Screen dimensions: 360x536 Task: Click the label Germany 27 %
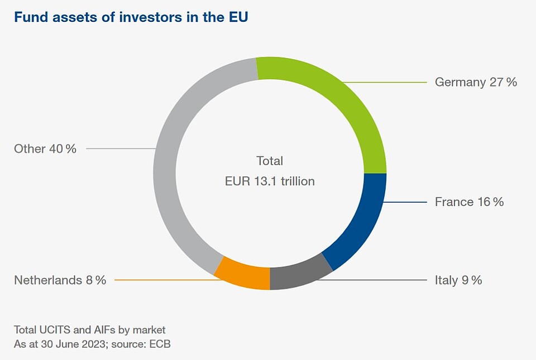[x=476, y=82]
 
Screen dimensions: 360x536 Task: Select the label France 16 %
[x=469, y=201]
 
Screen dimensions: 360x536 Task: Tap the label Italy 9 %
[x=458, y=280]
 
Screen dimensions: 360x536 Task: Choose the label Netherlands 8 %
[x=60, y=280]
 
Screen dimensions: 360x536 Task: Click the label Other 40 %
[x=45, y=148]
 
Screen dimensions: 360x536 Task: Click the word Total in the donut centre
[x=270, y=161]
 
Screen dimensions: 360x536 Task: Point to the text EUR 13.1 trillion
[x=270, y=181]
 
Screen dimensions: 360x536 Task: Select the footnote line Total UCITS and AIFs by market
[x=89, y=329]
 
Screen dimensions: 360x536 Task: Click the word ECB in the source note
[x=160, y=344]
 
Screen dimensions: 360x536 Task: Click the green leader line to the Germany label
[x=391, y=82]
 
